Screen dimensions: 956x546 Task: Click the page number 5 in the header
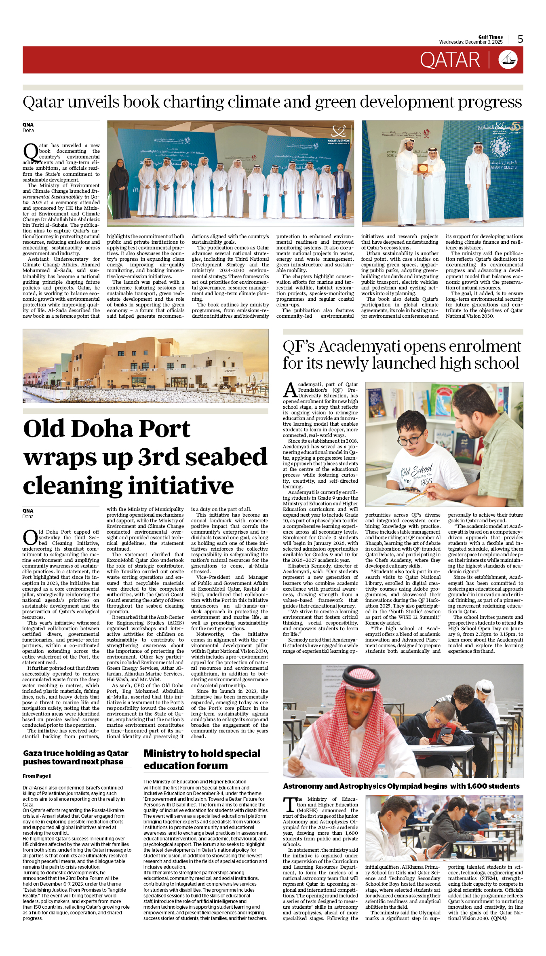tap(520, 39)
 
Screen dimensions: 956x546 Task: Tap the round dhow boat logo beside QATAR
tap(508, 60)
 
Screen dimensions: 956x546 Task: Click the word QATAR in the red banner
tap(449, 60)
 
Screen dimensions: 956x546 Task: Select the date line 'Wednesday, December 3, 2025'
tap(470, 42)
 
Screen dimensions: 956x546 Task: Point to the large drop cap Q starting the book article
tap(30, 153)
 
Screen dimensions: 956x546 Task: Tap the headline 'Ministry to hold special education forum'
tap(202, 760)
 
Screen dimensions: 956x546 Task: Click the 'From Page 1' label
tap(37, 776)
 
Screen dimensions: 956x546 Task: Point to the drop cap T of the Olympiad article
tap(289, 804)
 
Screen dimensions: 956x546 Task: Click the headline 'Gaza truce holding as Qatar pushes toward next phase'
tap(76, 757)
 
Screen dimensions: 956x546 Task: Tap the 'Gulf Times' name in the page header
tap(490, 37)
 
